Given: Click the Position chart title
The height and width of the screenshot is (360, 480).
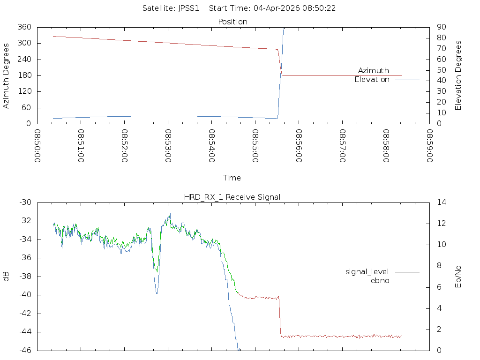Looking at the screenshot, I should (x=233, y=22).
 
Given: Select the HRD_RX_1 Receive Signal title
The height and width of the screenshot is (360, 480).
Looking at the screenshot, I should (x=232, y=197).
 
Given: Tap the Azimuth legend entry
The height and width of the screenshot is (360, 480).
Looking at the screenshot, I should (x=374, y=71).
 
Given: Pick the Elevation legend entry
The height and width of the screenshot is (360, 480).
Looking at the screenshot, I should (x=372, y=80).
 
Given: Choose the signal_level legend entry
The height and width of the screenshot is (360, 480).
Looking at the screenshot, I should (x=367, y=272).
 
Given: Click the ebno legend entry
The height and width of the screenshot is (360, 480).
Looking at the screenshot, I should (x=380, y=281).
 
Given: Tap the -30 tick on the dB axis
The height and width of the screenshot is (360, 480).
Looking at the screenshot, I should (x=25, y=202).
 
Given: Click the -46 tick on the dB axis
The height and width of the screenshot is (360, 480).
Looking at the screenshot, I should (x=25, y=350).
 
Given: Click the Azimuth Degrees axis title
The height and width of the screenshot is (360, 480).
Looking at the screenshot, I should (x=7, y=75).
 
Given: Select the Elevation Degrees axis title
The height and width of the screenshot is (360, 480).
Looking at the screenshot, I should (x=458, y=75).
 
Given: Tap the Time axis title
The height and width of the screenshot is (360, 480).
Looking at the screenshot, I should (x=232, y=178).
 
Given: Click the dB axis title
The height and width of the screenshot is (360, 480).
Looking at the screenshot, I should (x=7, y=277).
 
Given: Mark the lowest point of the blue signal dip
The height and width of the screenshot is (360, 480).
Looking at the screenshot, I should (x=157, y=293).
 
